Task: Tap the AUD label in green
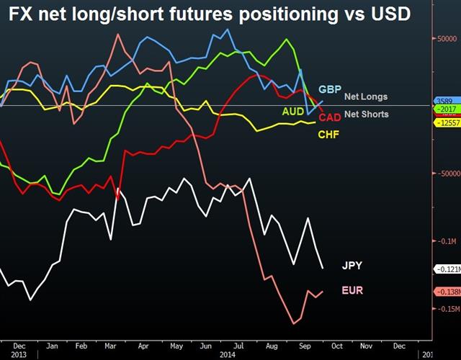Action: click(x=293, y=112)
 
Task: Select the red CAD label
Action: click(x=330, y=117)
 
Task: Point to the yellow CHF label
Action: click(x=328, y=134)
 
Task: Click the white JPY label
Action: click(x=352, y=265)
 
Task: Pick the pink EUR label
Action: click(x=353, y=290)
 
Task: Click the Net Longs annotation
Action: click(x=365, y=96)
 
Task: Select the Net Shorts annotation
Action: click(x=366, y=114)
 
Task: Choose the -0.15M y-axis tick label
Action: click(x=447, y=310)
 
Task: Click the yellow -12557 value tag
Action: click(x=447, y=123)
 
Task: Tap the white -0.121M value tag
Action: click(x=447, y=269)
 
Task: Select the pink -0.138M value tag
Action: click(x=447, y=292)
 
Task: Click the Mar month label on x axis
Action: click(x=109, y=346)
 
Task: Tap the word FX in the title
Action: click(x=20, y=14)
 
